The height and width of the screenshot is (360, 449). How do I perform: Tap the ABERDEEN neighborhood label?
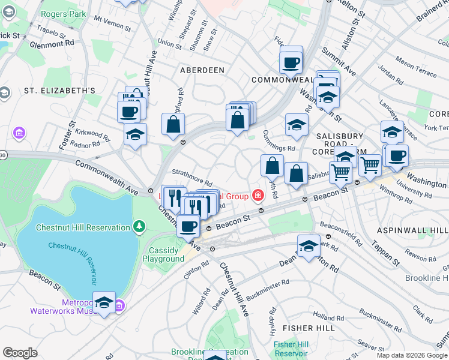tap(202, 70)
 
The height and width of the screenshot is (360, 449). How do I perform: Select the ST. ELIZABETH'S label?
tap(59, 91)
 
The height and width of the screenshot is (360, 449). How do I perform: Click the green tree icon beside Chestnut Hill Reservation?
tap(139, 227)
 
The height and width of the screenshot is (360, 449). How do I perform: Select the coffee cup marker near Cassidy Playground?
tap(188, 226)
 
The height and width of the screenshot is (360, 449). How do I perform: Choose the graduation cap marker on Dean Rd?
tap(309, 245)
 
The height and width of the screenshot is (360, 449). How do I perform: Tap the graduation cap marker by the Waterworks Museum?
tap(104, 302)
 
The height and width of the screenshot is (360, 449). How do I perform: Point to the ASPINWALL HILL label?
tap(412, 230)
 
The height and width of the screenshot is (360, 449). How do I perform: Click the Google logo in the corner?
tap(20, 353)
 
